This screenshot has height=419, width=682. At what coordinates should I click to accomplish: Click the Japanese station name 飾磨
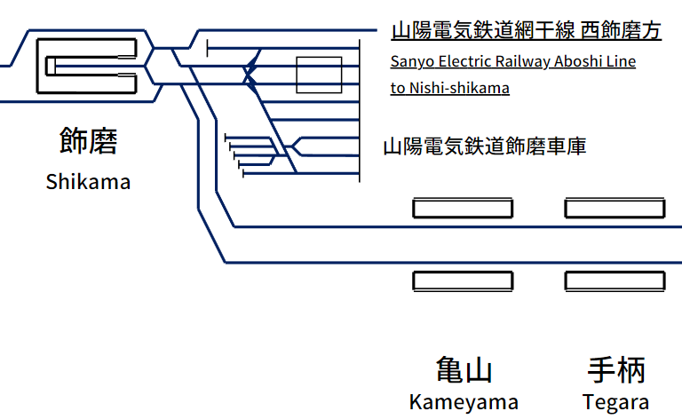click(x=88, y=142)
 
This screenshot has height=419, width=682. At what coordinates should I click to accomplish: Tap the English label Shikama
click(x=88, y=182)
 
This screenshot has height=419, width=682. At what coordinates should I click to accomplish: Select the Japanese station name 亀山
click(x=464, y=370)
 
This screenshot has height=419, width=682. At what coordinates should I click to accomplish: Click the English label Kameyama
click(x=464, y=401)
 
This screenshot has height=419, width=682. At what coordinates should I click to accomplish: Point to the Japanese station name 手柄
click(x=616, y=370)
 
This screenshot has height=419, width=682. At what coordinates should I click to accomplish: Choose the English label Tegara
click(x=616, y=401)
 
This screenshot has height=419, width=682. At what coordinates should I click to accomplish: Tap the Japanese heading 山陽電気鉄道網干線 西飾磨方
click(x=527, y=32)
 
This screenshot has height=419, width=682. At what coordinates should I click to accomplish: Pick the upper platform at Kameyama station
click(x=463, y=209)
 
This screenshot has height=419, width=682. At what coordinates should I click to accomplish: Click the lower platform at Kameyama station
click(x=463, y=281)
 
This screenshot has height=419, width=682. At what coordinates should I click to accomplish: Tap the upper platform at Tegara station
click(x=615, y=209)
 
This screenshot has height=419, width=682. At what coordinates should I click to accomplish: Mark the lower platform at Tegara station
click(x=615, y=281)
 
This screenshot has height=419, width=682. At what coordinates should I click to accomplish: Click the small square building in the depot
click(x=319, y=75)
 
